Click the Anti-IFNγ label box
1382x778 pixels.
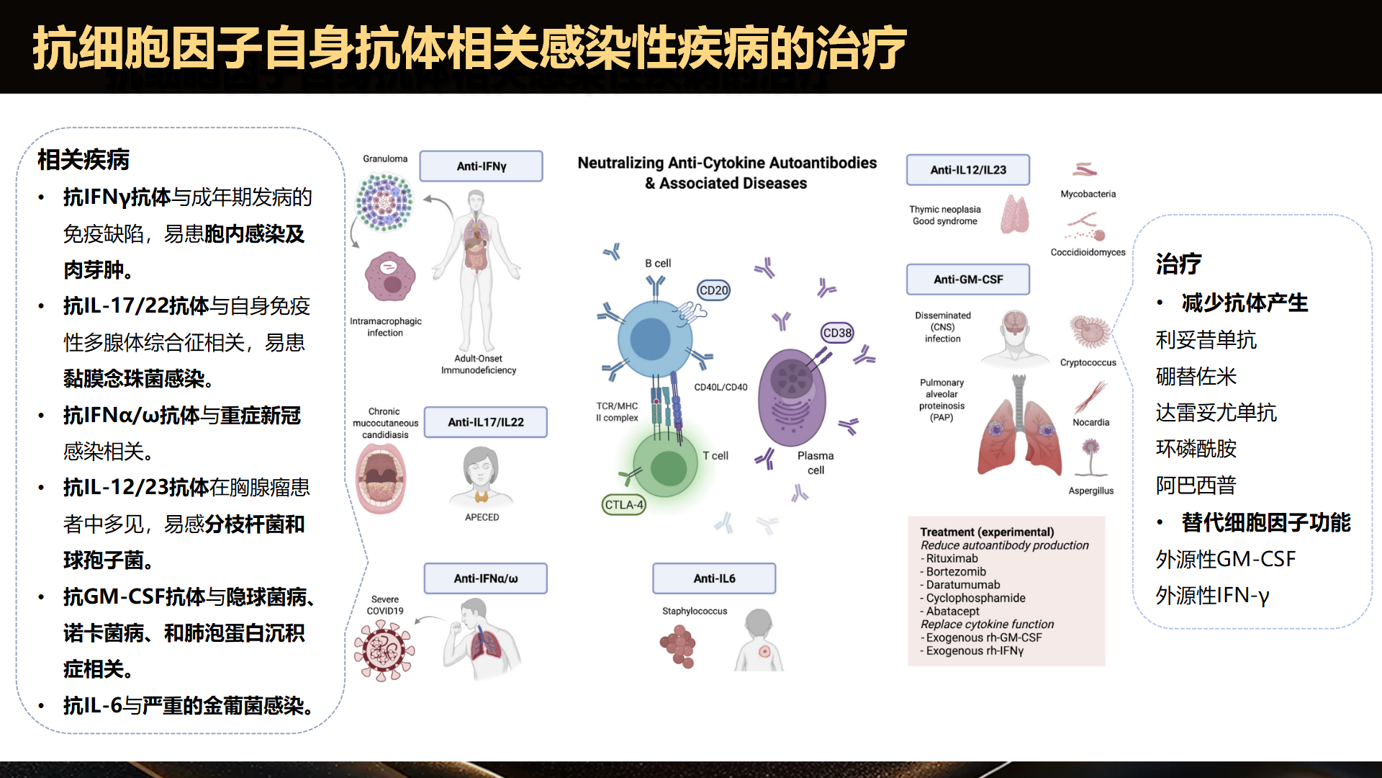pos(481,166)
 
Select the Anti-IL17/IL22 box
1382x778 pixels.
pos(485,422)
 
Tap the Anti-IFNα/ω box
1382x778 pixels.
pos(485,578)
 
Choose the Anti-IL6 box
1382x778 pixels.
pos(714,578)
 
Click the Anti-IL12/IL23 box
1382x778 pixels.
pos(967,170)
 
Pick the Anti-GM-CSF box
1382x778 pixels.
pos(967,280)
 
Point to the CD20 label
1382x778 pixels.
pos(713,290)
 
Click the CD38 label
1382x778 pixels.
pos(837,333)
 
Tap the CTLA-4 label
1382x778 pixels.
pos(623,505)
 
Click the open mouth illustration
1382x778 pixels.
pos(381,478)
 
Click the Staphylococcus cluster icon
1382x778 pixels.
pos(678,646)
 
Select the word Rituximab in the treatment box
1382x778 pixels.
pos(952,558)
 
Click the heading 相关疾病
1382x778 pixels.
pos(83,160)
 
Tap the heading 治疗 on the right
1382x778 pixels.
pos(1178,264)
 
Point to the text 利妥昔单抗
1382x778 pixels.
pos(1206,339)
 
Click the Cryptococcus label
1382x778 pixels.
pos(1088,362)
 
